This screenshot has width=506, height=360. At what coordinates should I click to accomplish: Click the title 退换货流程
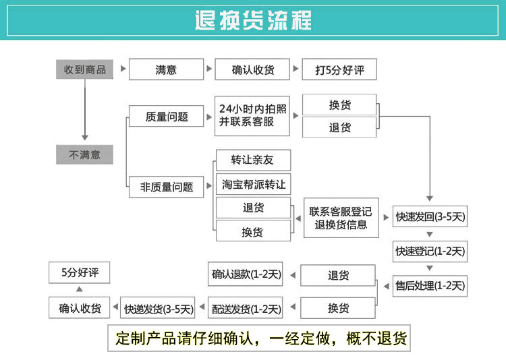[253, 20]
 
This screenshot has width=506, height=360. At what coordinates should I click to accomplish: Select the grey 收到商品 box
[84, 69]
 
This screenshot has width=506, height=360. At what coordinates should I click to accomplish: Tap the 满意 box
[166, 69]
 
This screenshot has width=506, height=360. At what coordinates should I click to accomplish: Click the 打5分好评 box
[339, 69]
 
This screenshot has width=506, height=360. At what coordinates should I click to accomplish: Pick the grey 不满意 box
[84, 154]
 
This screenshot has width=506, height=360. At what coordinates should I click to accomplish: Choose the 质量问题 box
[166, 117]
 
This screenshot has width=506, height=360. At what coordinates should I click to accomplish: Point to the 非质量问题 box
[166, 187]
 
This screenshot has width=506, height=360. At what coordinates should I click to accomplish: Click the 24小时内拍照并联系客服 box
[252, 116]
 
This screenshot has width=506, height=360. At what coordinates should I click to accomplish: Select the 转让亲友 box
[252, 160]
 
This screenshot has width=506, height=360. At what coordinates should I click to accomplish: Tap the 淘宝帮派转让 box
[253, 184]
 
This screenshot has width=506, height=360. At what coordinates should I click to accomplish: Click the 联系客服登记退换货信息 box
[340, 218]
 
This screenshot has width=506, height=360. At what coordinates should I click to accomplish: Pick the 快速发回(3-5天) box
[430, 217]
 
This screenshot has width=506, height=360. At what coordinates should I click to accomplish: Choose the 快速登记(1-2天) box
[430, 251]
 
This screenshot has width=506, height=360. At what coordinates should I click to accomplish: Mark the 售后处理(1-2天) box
[430, 286]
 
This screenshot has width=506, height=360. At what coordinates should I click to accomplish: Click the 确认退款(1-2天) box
[246, 274]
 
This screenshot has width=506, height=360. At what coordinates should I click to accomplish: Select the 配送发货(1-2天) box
[246, 309]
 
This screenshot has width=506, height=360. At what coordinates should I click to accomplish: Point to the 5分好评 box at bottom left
[80, 273]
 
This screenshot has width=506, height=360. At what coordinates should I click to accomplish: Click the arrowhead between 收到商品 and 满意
[122, 69]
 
